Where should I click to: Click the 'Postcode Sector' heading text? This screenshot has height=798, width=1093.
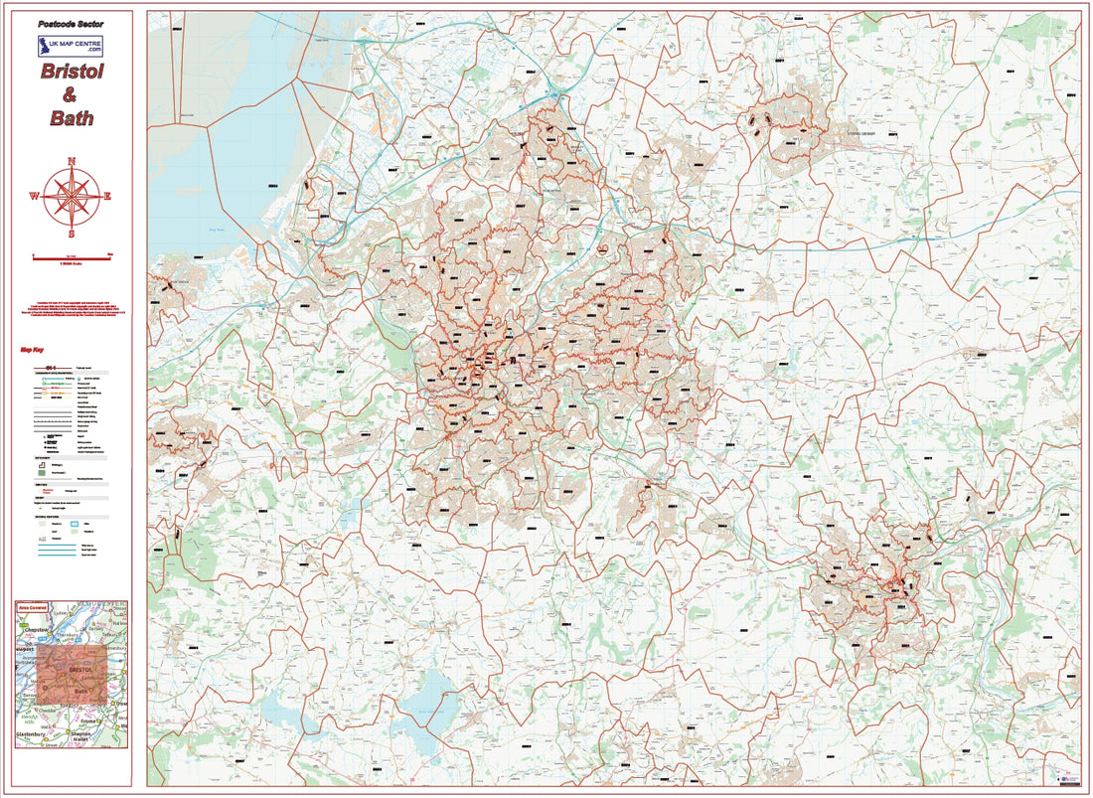coord(70,23)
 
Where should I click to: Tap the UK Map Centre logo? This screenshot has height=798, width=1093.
coord(70,46)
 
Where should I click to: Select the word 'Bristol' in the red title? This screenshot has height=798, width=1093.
coord(72,72)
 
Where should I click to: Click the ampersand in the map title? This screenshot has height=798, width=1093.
coord(70,95)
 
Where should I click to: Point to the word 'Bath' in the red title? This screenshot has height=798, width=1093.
coord(71,118)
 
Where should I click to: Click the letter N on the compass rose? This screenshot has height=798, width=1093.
coord(72,162)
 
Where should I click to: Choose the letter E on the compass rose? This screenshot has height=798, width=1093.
coord(107,196)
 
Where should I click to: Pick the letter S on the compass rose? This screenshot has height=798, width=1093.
coord(71,235)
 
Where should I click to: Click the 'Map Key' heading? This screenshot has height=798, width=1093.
coord(32,350)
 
